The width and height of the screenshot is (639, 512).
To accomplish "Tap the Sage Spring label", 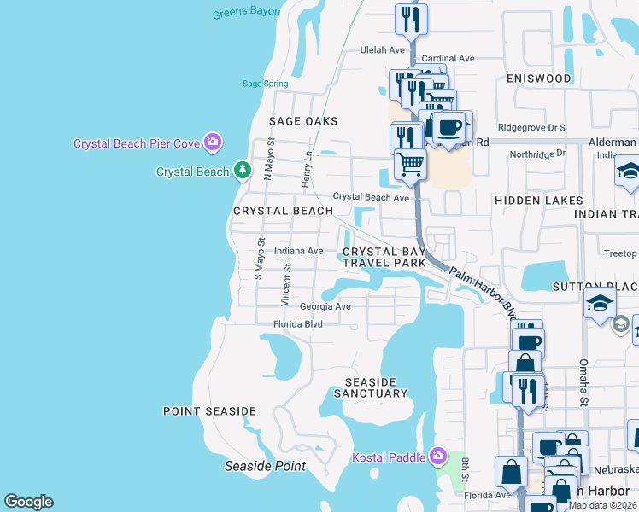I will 264,84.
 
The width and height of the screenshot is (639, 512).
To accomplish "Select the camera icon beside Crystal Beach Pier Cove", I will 213,143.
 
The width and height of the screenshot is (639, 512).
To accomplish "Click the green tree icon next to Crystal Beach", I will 243,171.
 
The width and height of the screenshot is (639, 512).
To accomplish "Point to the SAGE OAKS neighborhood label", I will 303,121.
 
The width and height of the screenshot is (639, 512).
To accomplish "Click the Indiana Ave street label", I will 298,251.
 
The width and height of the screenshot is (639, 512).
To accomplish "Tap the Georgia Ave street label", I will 325,306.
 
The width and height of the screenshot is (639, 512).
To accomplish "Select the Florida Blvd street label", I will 297,324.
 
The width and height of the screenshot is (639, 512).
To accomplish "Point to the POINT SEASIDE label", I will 209,411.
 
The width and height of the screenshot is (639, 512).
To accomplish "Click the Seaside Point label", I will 265,466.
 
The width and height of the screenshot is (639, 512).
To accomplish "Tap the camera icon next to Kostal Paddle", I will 439,457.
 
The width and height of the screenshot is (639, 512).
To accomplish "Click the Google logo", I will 28,502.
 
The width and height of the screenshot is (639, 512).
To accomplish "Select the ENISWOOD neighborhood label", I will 538,79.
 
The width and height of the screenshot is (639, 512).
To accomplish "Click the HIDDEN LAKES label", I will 538,201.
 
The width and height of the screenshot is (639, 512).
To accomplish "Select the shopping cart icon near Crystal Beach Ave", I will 411,164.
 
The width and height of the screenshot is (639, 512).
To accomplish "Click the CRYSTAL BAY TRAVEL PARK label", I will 384,257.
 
